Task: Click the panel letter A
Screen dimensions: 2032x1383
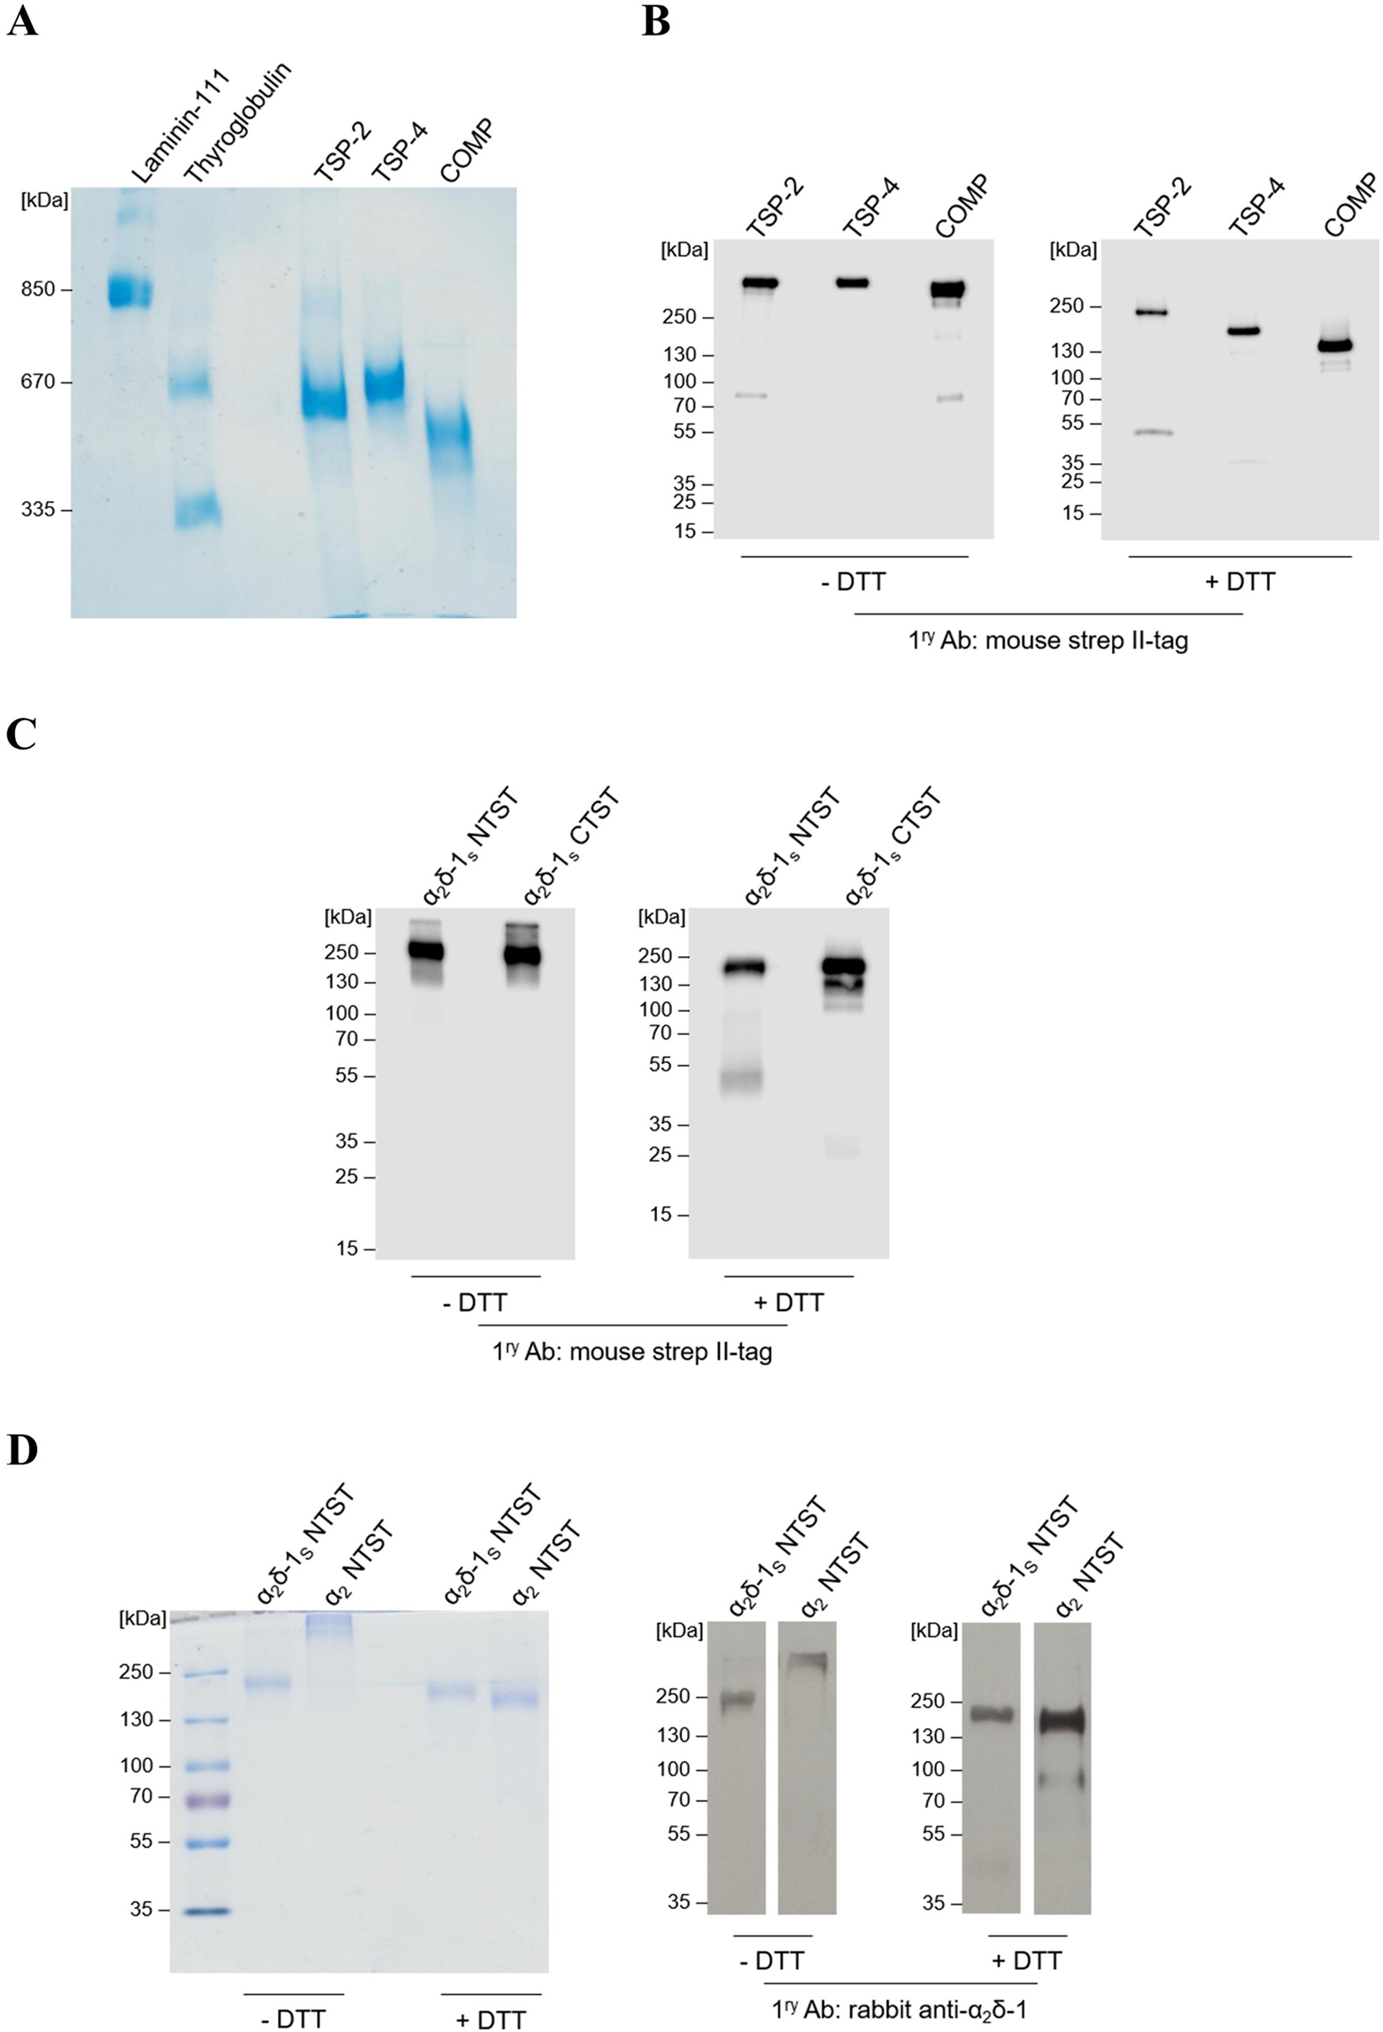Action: coord(22,21)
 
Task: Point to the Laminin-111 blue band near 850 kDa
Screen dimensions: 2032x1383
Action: coord(131,291)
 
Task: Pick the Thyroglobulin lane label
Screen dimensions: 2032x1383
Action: coord(237,123)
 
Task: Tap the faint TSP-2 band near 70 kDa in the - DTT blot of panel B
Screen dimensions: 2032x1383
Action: coord(753,396)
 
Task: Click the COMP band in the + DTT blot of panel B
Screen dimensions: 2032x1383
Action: coord(1346,345)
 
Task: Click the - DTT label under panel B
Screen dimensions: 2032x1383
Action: coord(854,582)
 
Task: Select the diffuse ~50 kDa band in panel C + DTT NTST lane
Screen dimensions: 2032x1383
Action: coord(740,1081)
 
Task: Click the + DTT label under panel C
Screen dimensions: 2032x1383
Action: coord(788,1302)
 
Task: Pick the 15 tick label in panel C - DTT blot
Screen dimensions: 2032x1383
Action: coord(347,1248)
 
